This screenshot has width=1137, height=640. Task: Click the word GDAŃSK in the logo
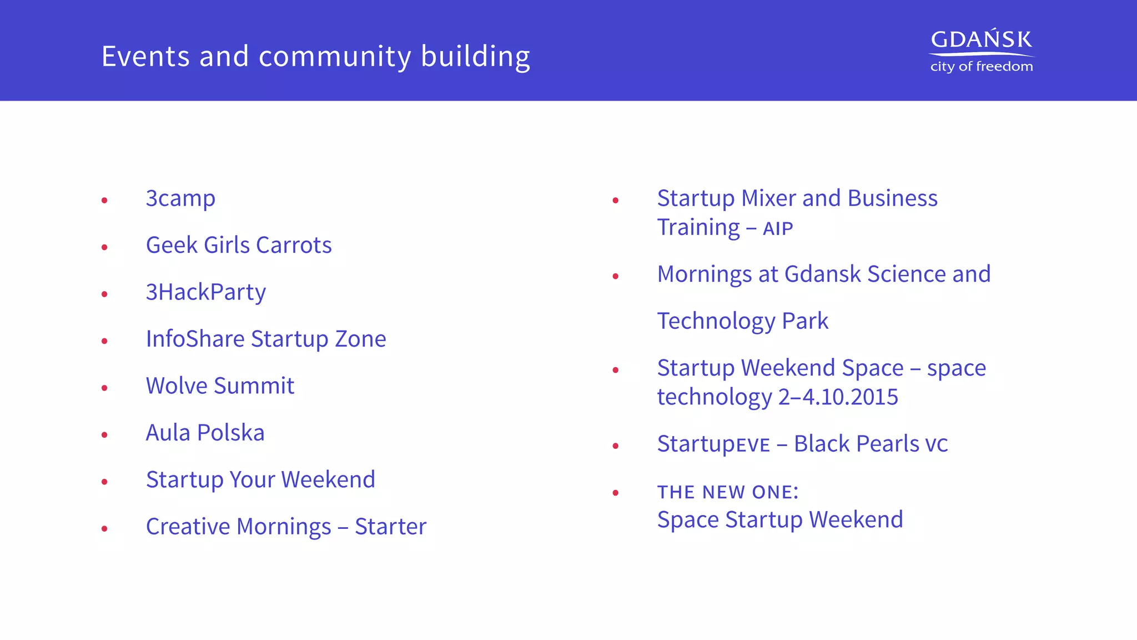click(981, 40)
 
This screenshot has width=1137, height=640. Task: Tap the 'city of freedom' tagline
click(981, 67)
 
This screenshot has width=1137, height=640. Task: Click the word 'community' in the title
click(335, 57)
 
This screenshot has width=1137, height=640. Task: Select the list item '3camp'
click(180, 199)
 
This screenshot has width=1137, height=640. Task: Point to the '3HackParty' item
click(205, 292)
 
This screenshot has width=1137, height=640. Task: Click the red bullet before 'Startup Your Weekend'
click(104, 482)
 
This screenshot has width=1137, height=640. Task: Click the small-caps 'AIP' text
click(778, 229)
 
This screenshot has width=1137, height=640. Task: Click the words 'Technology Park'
click(742, 321)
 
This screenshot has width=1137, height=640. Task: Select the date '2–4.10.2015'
click(838, 397)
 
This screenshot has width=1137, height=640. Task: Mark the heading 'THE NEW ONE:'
click(727, 492)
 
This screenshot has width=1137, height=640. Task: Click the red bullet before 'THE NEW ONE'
click(615, 493)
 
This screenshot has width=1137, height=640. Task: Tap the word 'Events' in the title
click(145, 57)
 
